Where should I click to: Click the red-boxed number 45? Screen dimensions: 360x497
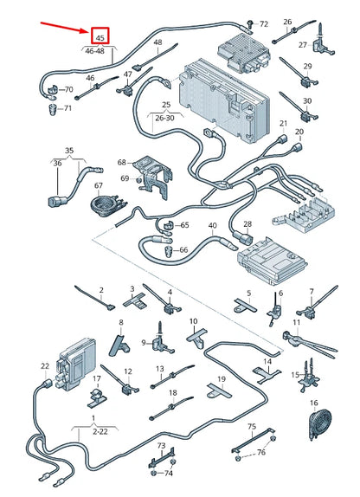tap(100, 38)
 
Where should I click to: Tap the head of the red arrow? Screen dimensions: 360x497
tap(88, 31)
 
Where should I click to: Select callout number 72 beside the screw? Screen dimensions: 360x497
tap(264, 24)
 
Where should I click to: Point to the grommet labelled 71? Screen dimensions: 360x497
tap(51, 109)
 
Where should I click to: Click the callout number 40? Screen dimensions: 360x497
tap(213, 226)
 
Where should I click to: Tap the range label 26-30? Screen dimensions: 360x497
tap(164, 119)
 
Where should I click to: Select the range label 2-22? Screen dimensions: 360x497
tap(100, 431)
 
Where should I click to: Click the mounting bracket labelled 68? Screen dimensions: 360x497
tap(153, 177)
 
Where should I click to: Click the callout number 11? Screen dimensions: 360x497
tap(296, 323)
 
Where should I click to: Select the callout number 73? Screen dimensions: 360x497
tap(161, 445)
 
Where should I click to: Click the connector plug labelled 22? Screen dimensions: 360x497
tap(48, 384)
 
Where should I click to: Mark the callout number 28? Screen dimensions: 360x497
tap(247, 224)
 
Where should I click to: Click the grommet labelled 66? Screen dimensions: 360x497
tap(168, 252)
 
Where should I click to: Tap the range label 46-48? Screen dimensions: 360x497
tap(94, 51)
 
